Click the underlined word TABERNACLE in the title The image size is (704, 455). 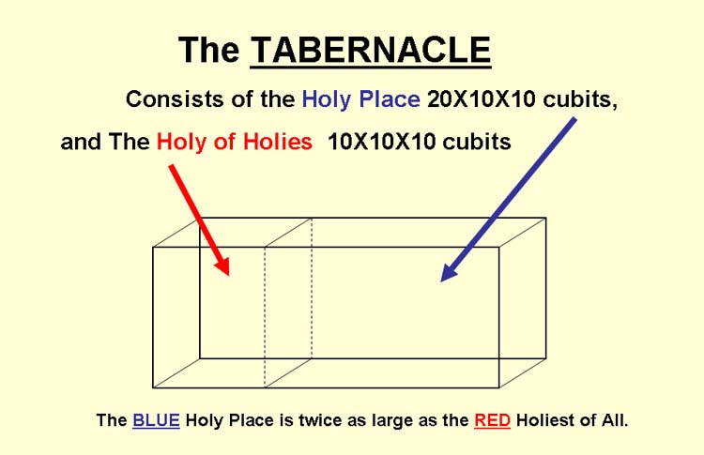tap(371, 50)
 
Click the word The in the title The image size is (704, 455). tap(208, 50)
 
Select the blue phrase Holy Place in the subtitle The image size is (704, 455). tap(361, 99)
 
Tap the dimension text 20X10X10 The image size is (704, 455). tap(481, 99)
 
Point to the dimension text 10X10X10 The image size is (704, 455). tap(382, 142)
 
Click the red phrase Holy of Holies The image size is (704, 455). tap(235, 142)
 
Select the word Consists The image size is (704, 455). tap(176, 99)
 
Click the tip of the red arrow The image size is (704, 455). tap(228, 275)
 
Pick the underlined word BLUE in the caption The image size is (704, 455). tap(156, 420)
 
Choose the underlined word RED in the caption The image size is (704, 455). tap(492, 420)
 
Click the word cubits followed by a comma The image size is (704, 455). tap(580, 99)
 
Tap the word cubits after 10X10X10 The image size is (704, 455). tap(477, 142)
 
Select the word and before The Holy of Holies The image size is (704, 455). tap(81, 142)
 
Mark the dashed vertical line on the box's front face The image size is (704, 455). tap(265, 317)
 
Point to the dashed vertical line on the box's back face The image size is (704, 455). tap(312, 288)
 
